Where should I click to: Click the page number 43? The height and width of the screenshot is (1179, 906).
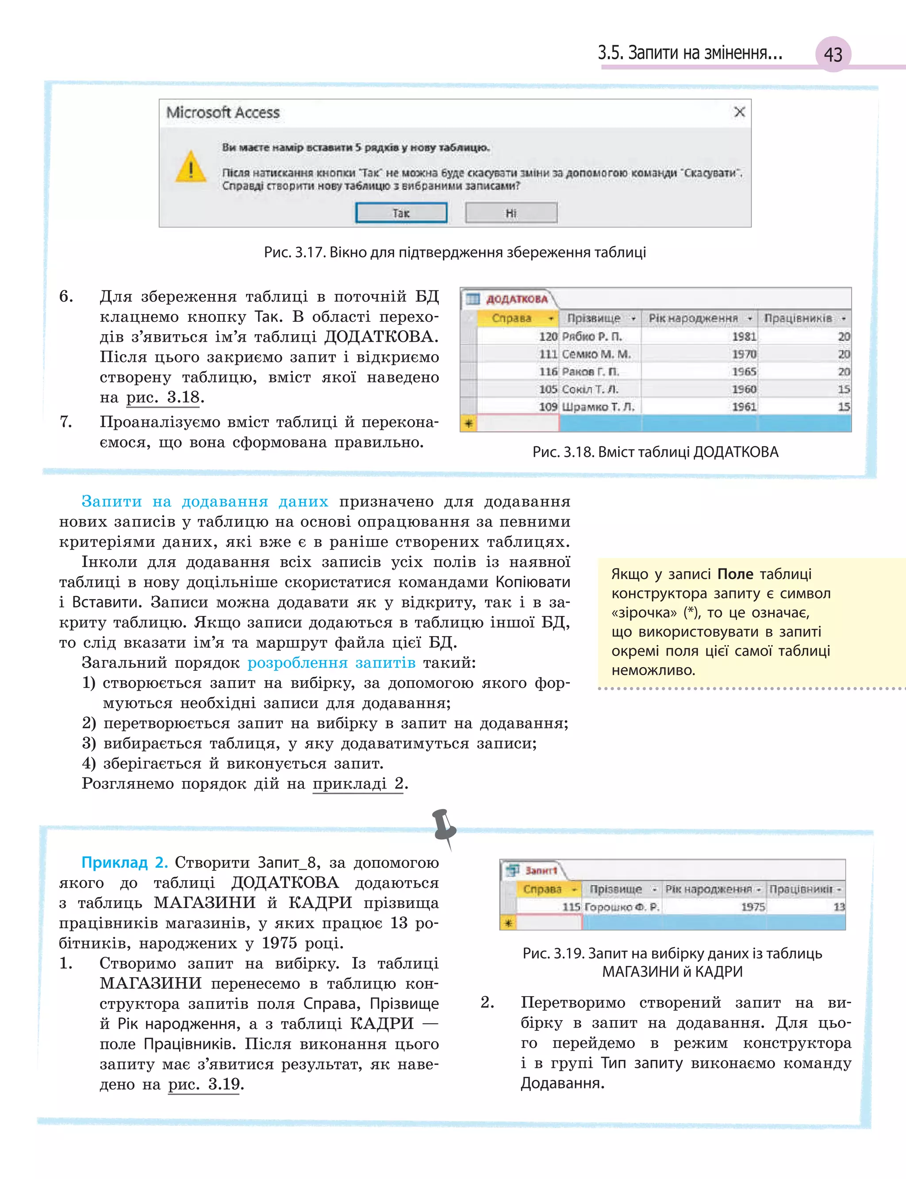click(x=833, y=54)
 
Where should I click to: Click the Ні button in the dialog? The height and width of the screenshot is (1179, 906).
click(x=511, y=213)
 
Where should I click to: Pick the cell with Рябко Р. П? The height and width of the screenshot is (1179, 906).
click(x=591, y=336)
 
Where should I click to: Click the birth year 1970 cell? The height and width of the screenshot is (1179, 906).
click(x=744, y=354)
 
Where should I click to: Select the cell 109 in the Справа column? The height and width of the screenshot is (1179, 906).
click(x=547, y=407)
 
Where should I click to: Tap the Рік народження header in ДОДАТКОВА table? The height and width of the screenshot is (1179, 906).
click(x=692, y=318)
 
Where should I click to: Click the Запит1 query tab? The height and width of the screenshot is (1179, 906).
click(x=540, y=870)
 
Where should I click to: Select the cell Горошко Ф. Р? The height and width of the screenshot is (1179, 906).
click(x=621, y=907)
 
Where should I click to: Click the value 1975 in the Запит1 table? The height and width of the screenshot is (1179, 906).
click(x=752, y=907)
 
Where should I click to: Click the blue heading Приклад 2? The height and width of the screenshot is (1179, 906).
click(x=125, y=862)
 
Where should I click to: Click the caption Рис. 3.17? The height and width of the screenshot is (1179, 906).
click(x=293, y=252)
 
